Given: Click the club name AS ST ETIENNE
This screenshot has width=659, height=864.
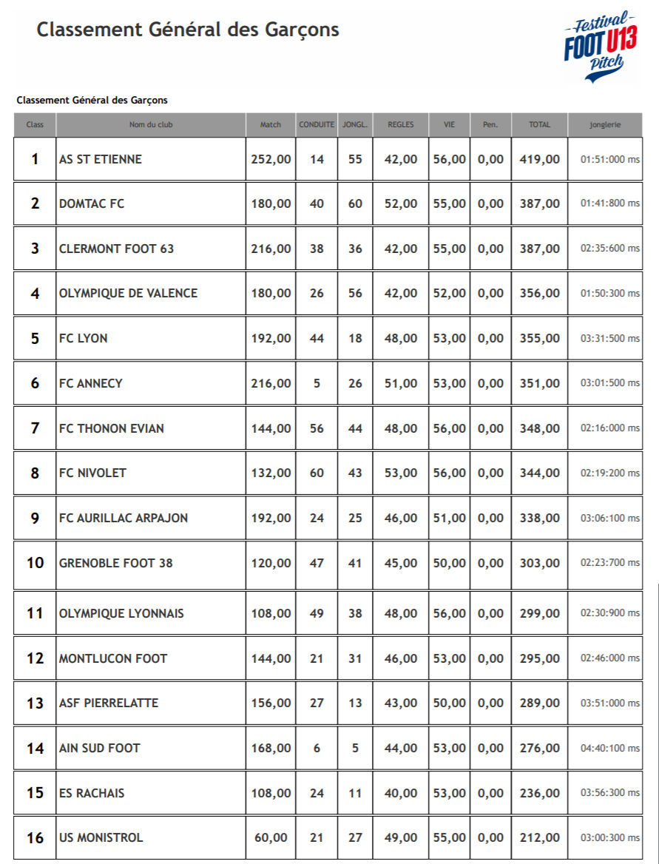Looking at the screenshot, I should [x=101, y=159].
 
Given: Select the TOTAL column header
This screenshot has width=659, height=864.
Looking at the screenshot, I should [x=539, y=125].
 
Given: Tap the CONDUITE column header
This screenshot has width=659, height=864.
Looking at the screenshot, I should [x=317, y=125].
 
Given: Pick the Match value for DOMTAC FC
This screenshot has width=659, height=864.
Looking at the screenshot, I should [x=271, y=203].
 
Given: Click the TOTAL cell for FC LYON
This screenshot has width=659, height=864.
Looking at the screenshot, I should [x=539, y=338].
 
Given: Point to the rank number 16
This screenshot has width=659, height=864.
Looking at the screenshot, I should [x=35, y=837].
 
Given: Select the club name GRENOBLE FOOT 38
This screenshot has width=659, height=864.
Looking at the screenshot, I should [x=115, y=563].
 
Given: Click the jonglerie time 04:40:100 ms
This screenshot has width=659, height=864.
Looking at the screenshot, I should [x=610, y=748].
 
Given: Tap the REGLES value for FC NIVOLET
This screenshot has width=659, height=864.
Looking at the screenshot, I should [x=401, y=473].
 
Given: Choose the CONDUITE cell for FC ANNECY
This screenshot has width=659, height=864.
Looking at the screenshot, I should [x=317, y=383].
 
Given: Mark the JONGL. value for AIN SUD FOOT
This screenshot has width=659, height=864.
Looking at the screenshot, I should [x=355, y=748].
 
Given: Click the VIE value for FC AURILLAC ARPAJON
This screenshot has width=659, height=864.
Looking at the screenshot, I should [x=449, y=518].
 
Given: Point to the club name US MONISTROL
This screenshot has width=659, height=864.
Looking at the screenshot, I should [x=101, y=837].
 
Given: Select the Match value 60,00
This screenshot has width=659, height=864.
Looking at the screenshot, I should [x=271, y=837].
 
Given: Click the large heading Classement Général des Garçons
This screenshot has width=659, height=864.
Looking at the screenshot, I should [x=188, y=30].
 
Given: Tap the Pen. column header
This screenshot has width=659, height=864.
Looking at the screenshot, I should [x=490, y=125].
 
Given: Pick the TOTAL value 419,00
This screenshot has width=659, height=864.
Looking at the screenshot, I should [x=539, y=159].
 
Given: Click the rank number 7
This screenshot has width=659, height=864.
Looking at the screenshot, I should [x=35, y=428].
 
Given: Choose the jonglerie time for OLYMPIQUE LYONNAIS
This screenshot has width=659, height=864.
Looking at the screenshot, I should [x=610, y=613].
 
